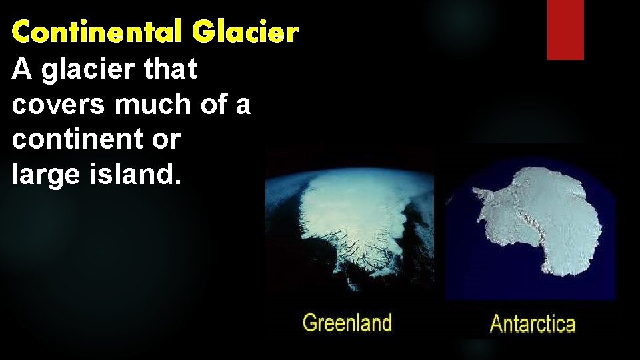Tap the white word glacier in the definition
coord(84,71)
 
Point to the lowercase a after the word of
coord(244,107)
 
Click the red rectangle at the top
coord(565,29)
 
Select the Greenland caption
coord(347,324)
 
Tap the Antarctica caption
coord(532,325)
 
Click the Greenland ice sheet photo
coord(350,227)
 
